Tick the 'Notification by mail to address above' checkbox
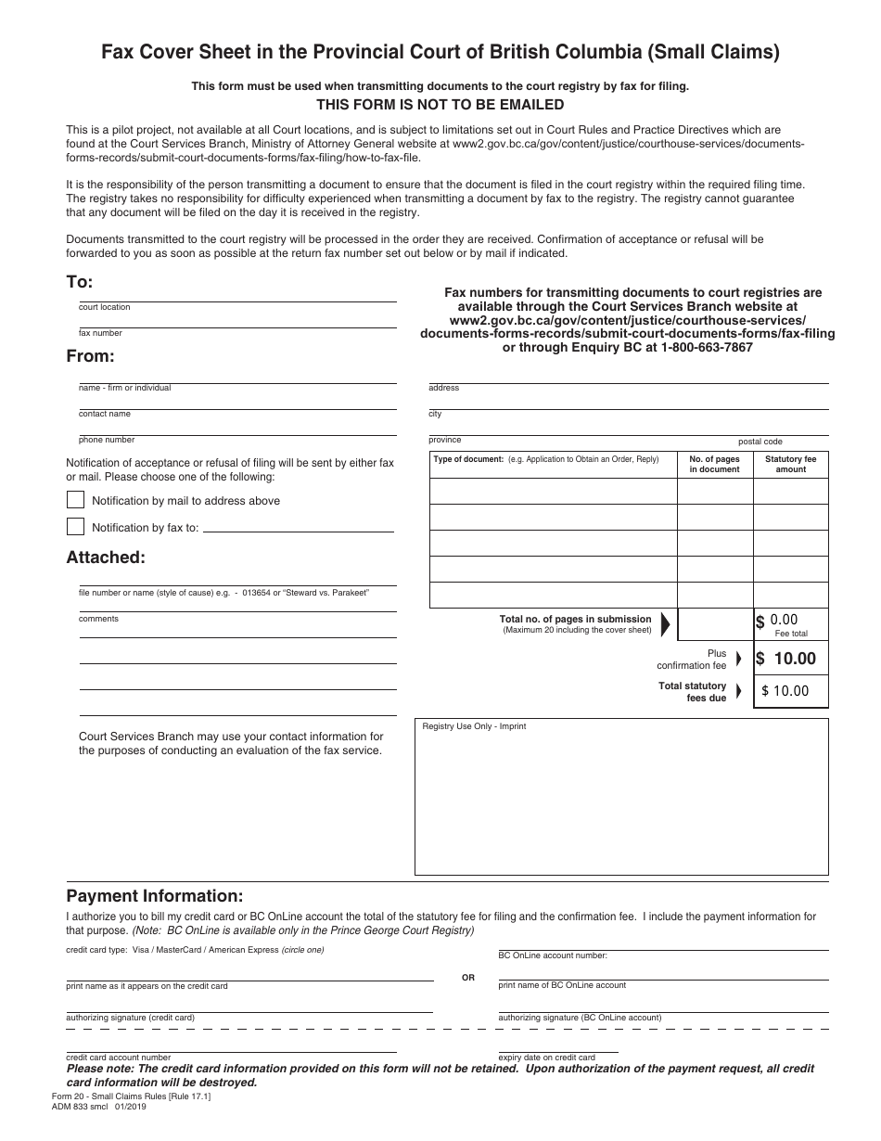pos(75,500)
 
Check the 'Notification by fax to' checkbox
pos(75,527)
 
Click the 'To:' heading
pos(80,282)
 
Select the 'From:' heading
pos(90,355)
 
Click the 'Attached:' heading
pos(106,558)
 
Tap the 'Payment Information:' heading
pos(154,896)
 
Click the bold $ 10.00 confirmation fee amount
pos(786,659)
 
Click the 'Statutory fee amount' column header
pos(790,464)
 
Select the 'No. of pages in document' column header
pos(714,464)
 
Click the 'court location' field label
pos(105,307)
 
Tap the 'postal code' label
pos(760,442)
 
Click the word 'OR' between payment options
pos(467,978)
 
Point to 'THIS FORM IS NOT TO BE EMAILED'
pos(440,105)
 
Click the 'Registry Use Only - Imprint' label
pos(474,726)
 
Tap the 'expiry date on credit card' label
pos(546,1058)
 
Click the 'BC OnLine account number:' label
pos(553,955)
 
